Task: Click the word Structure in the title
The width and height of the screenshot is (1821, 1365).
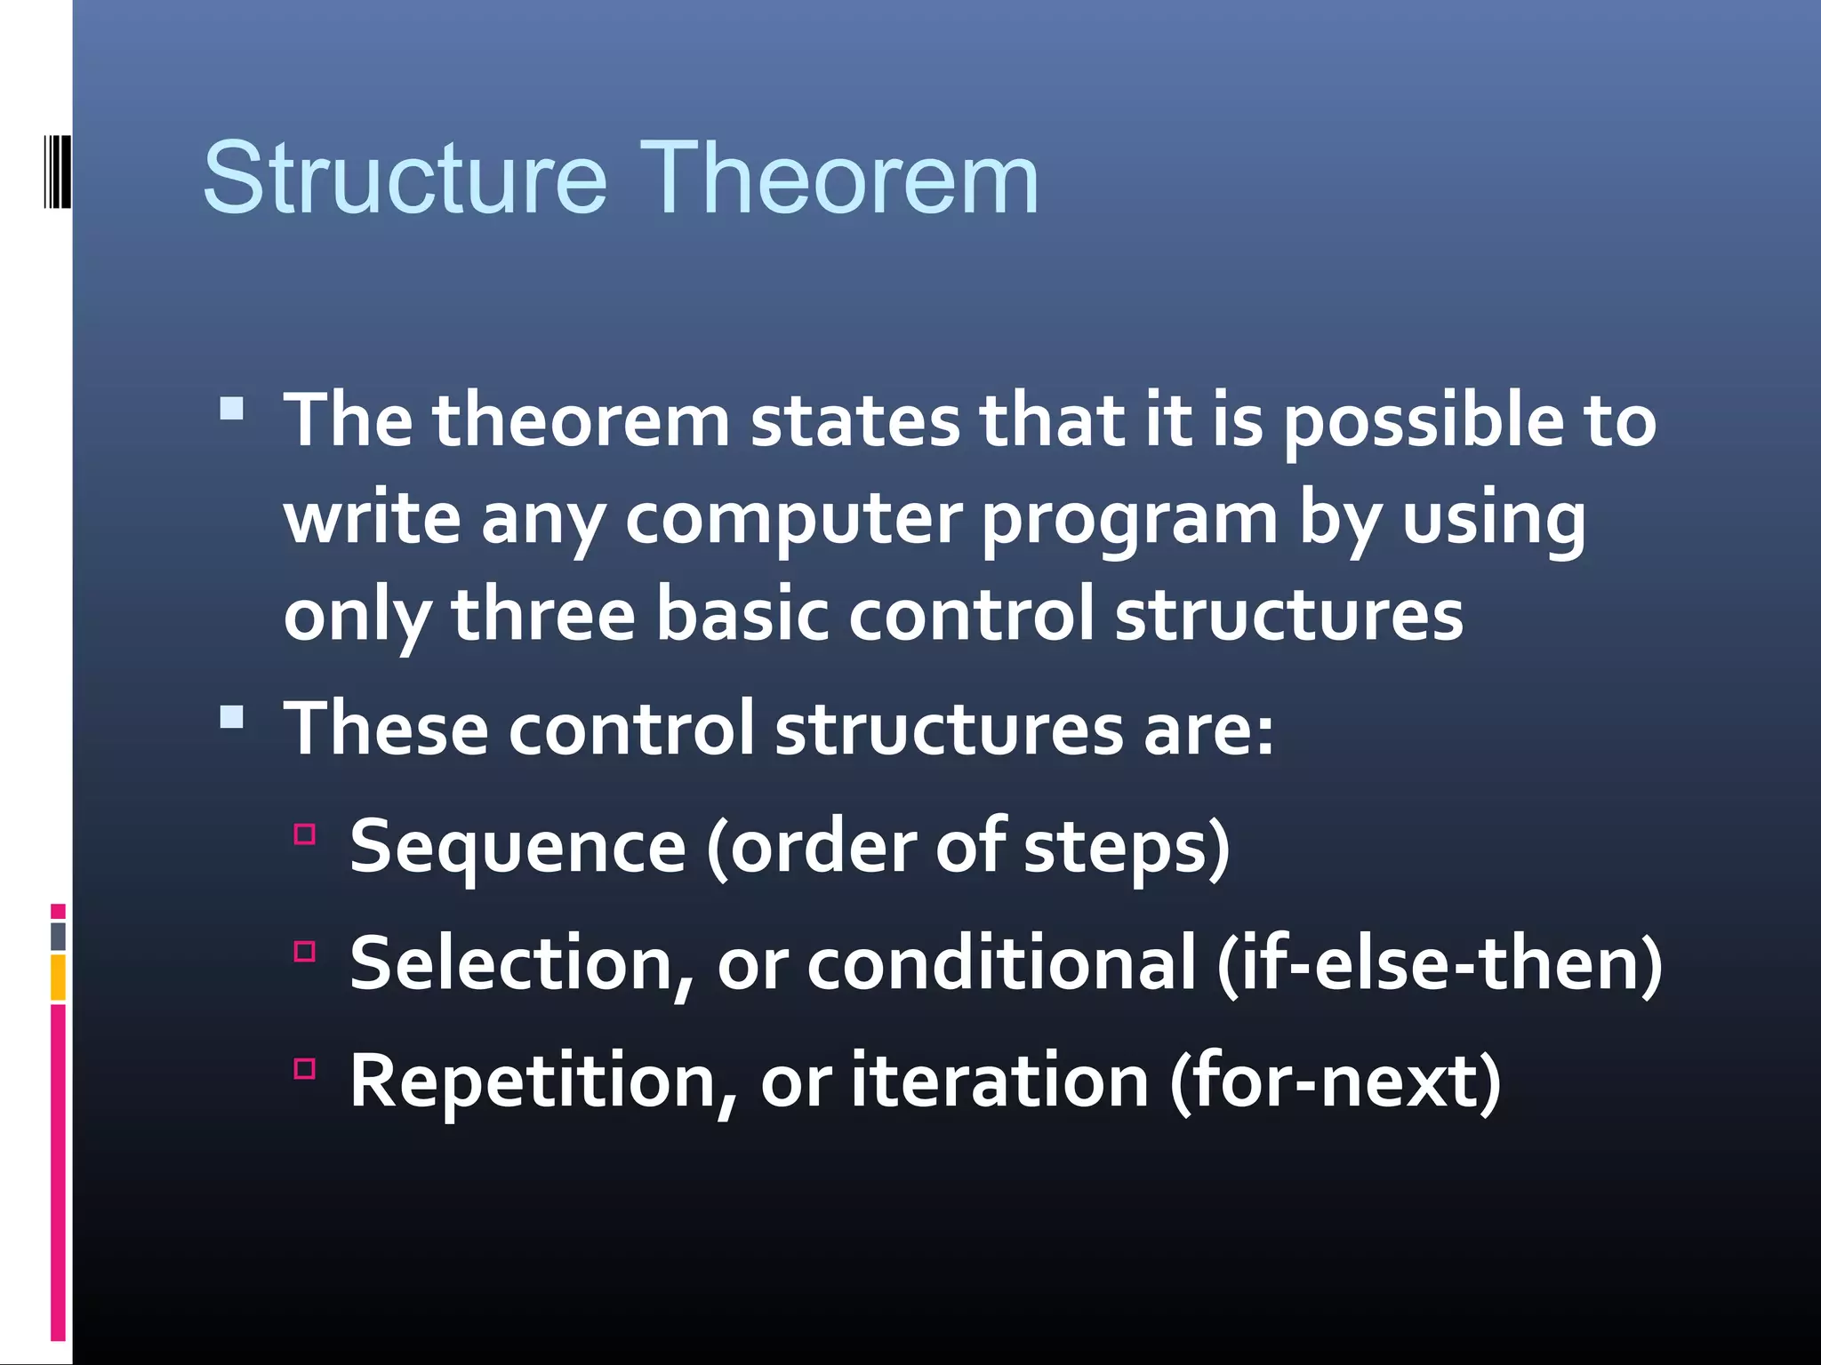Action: click(405, 180)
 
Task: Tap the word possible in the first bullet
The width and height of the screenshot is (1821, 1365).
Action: click(1423, 421)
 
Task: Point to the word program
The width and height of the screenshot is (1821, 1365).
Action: click(1129, 520)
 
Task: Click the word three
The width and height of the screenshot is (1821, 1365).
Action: click(543, 615)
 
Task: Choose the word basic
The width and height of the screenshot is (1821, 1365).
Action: click(742, 615)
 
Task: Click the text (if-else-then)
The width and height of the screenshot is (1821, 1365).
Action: click(1439, 965)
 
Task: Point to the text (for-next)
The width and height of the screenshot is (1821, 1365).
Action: click(1336, 1082)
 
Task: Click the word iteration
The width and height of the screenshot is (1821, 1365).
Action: click(999, 1082)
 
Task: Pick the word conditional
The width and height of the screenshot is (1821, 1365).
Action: click(1001, 965)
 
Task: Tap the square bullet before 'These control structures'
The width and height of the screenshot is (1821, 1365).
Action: click(232, 716)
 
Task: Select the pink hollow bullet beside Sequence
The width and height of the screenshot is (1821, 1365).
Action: click(305, 834)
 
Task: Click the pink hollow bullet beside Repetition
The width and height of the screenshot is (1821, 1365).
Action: click(305, 1068)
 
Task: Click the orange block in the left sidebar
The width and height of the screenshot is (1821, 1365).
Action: click(58, 977)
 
